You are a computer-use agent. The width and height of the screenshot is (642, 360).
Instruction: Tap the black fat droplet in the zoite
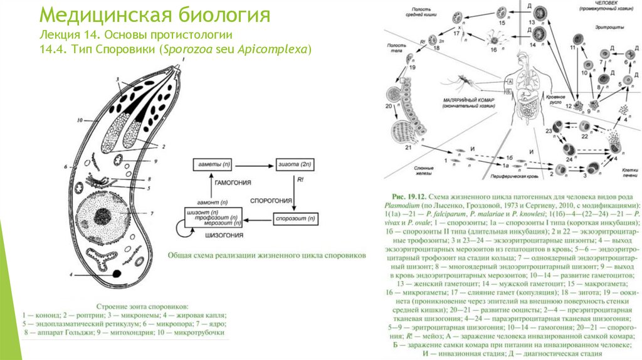117,273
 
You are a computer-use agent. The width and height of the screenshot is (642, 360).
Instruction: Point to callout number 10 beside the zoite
80,120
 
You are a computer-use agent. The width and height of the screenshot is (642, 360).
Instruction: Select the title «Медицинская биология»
155,15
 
